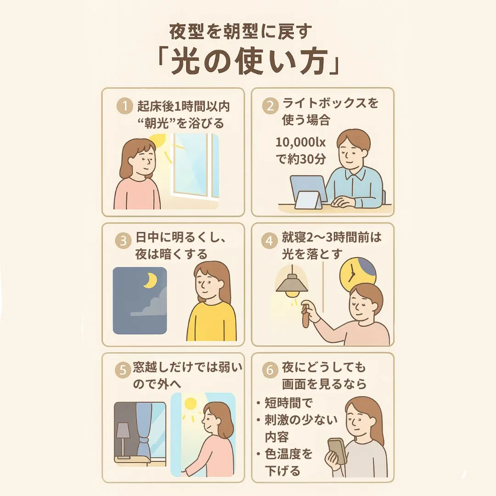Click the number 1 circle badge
(x=123, y=107)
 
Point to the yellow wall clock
(x=357, y=273)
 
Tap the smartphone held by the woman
(x=336, y=451)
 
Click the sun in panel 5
(x=190, y=404)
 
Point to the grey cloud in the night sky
(x=152, y=305)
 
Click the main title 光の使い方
(x=248, y=63)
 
